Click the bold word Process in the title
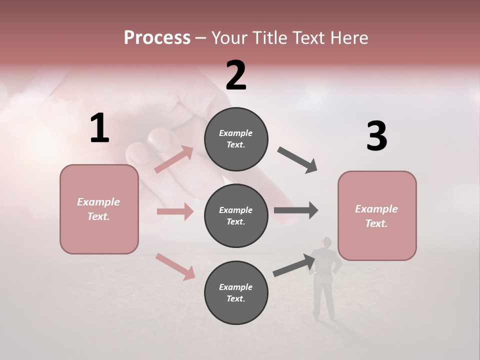click(x=157, y=37)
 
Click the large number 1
click(x=99, y=128)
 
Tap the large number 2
click(x=236, y=75)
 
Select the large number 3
click(x=376, y=136)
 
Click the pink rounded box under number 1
click(x=99, y=209)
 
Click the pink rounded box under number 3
click(x=376, y=215)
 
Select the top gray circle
click(x=236, y=139)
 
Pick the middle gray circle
click(x=236, y=215)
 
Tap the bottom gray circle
click(x=236, y=292)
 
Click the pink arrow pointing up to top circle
click(x=173, y=159)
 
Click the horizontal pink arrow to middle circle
click(x=175, y=211)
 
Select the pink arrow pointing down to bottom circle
click(x=175, y=266)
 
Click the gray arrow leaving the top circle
click(x=297, y=160)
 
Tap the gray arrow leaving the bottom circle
click(x=294, y=265)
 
